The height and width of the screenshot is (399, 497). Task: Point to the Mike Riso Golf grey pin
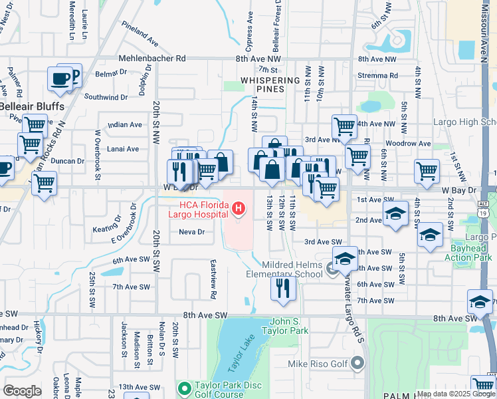(x=358, y=363)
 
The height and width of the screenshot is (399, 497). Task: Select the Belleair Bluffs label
(x=32, y=106)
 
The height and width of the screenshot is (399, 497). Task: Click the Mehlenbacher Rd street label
(x=151, y=59)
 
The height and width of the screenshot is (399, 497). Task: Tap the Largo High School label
(x=464, y=122)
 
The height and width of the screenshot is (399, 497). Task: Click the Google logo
(x=22, y=391)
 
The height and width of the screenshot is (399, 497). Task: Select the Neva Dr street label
(x=191, y=231)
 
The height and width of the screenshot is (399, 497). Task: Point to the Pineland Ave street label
(x=140, y=33)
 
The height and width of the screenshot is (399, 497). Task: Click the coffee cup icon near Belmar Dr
(x=60, y=78)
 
